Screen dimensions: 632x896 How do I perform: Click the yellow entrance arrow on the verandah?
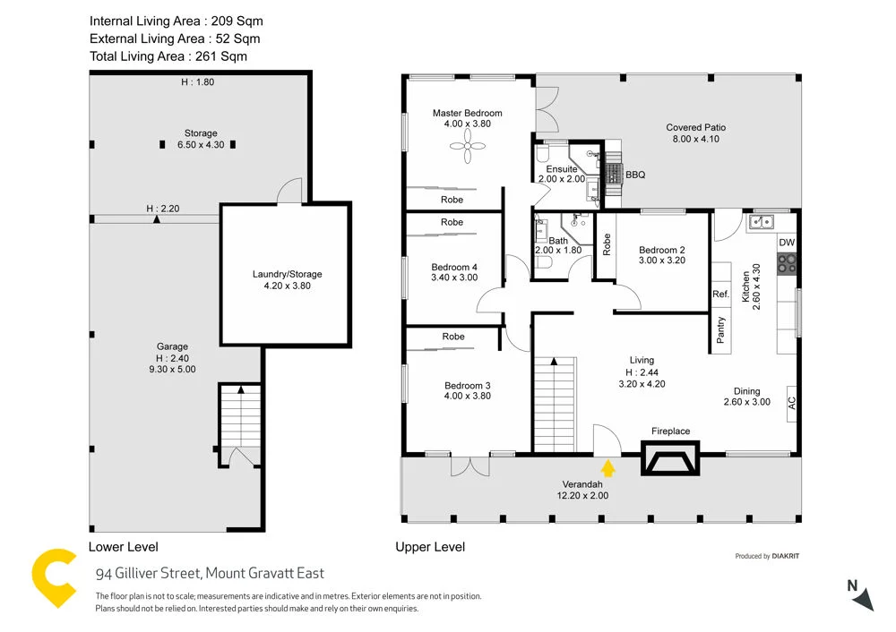pyautogui.click(x=608, y=467)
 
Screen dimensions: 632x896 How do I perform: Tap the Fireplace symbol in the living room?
pyautogui.click(x=671, y=460)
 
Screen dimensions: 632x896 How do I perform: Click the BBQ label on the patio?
pyautogui.click(x=635, y=175)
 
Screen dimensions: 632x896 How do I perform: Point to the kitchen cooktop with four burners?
pyautogui.click(x=787, y=263)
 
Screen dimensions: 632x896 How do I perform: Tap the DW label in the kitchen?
pyautogui.click(x=787, y=243)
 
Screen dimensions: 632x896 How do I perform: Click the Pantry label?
pyautogui.click(x=721, y=330)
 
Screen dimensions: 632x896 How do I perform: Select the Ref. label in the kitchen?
pyautogui.click(x=720, y=294)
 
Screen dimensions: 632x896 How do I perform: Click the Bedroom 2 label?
pyautogui.click(x=662, y=250)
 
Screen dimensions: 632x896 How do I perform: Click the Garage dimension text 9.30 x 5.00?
pyautogui.click(x=173, y=369)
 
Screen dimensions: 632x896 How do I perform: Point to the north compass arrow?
pyautogui.click(x=861, y=596)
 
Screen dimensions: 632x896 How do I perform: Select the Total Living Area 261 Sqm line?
pyautogui.click(x=168, y=56)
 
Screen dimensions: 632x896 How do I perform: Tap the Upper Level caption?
pyautogui.click(x=430, y=547)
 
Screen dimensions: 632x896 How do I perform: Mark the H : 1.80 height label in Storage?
pyautogui.click(x=199, y=81)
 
